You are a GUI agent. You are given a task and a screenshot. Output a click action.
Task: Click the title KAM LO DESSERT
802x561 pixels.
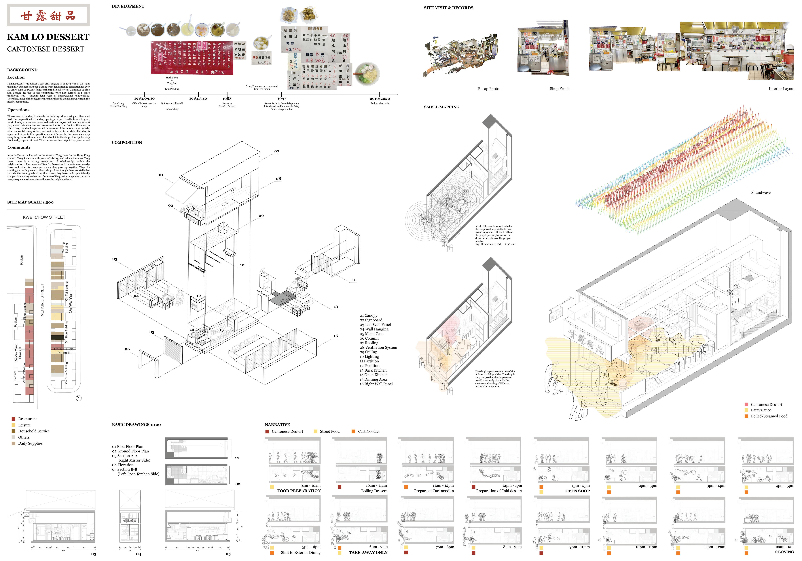(48, 37)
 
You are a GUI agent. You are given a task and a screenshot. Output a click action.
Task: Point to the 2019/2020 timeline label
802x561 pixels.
(380, 99)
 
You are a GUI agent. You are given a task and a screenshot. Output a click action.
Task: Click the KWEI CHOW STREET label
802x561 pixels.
(44, 217)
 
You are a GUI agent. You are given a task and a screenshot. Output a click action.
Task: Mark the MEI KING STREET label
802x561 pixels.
(42, 300)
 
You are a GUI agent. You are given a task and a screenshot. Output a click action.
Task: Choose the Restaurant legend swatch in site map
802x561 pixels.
(14, 419)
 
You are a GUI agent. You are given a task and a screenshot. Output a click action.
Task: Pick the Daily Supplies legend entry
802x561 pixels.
(30, 443)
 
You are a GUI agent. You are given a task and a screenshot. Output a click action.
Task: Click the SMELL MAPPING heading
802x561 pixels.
(441, 107)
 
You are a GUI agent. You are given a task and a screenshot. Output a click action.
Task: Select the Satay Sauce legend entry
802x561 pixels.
(761, 410)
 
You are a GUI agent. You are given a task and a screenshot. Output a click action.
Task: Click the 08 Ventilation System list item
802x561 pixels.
(378, 347)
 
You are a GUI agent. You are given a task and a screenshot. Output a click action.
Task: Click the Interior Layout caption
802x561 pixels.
(781, 89)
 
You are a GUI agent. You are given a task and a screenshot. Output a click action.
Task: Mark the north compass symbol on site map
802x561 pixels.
(79, 398)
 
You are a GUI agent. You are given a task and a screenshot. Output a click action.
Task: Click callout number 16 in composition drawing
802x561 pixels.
(336, 336)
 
